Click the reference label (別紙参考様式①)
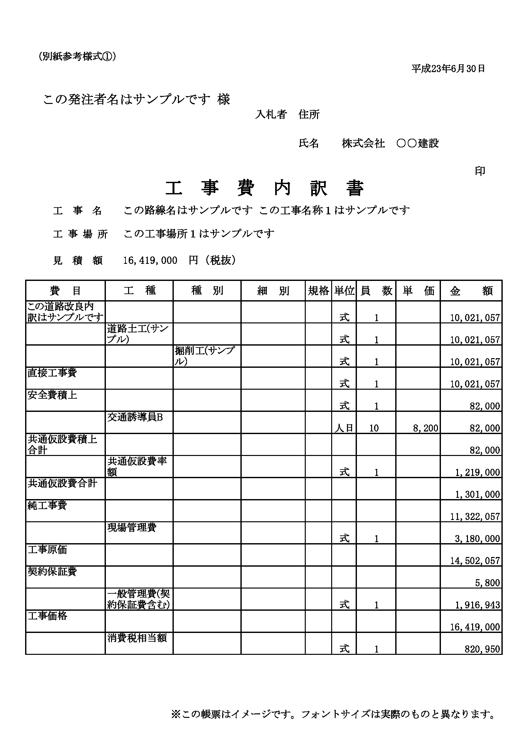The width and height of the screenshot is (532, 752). (77, 57)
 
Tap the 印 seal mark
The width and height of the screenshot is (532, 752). (480, 171)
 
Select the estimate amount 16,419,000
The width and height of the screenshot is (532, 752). (150, 260)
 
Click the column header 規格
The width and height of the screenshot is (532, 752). (318, 291)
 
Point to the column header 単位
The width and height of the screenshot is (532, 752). (344, 291)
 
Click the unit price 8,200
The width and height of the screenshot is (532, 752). (425, 428)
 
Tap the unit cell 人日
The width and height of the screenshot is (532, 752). (344, 428)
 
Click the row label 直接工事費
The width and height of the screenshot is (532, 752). (52, 373)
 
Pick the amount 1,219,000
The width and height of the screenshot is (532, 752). (477, 472)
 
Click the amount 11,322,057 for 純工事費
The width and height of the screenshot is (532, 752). (475, 516)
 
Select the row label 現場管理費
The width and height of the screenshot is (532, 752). (132, 527)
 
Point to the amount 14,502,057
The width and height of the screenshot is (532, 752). (475, 561)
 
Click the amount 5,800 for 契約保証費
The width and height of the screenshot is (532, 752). (488, 583)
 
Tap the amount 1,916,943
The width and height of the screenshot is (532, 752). (477, 605)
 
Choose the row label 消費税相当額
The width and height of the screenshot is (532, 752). (137, 638)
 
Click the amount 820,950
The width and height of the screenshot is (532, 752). (482, 649)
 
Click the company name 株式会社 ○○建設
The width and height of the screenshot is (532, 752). (390, 144)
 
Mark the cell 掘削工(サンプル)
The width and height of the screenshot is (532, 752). (205, 356)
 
